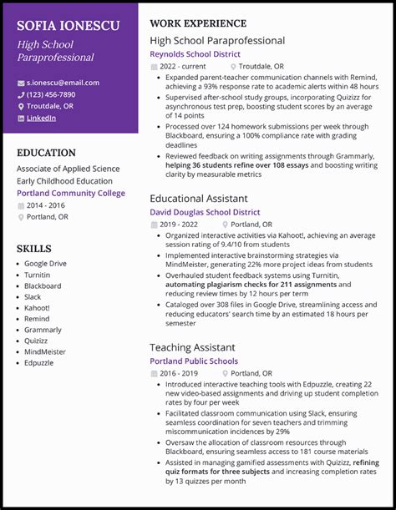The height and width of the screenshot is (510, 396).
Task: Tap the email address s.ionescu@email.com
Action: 63,83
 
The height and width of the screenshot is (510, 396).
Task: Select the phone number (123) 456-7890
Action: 51,94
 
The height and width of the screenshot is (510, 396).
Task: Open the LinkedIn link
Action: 41,118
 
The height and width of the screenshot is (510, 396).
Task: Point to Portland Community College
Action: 71,193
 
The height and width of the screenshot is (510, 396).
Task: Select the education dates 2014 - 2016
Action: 46,205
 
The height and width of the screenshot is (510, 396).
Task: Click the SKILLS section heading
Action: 34,249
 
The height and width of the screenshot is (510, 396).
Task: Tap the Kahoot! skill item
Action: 37,308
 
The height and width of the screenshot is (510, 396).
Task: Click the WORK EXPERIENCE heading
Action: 198,23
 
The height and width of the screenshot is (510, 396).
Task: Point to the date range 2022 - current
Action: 183,65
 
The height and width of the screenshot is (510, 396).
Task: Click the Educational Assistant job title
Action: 198,199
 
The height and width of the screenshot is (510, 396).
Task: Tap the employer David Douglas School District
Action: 205,213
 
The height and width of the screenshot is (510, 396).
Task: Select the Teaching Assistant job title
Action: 192,347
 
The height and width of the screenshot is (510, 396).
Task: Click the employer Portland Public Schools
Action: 194,361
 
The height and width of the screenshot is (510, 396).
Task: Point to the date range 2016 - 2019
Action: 180,373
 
